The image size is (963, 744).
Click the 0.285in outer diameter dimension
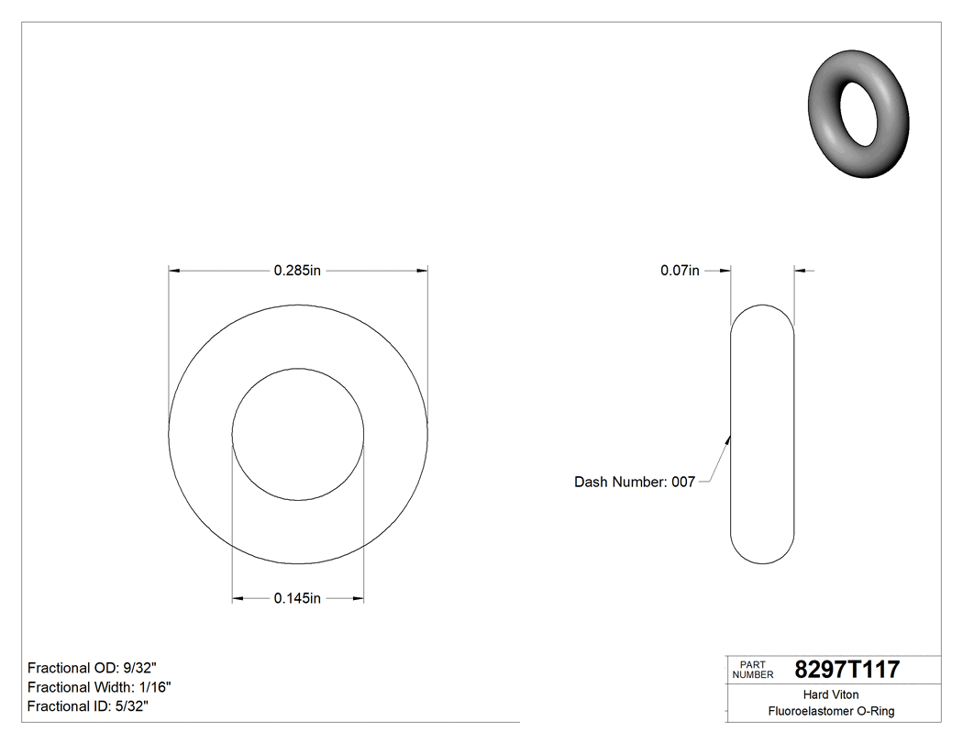pos(297,271)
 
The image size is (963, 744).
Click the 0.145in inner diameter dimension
pos(297,599)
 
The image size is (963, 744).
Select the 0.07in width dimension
pos(680,271)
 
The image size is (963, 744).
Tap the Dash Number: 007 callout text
pos(635,482)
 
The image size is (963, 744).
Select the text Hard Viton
pos(831,694)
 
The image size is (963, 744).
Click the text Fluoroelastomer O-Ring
pos(831,711)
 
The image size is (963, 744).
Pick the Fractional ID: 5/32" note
pos(88,706)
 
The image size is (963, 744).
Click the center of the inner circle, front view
pos(298,434)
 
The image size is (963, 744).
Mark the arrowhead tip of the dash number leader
pos(730,435)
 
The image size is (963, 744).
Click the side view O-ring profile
pos(762,434)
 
